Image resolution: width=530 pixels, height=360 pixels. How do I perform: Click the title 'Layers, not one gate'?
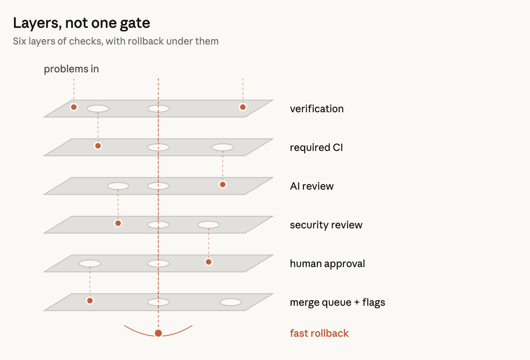tap(81, 23)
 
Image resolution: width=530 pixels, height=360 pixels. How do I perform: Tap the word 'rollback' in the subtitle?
tap(146, 41)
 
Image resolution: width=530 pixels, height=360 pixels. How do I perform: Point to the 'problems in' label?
tap(71, 69)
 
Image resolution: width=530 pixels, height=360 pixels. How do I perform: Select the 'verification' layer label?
tap(316, 109)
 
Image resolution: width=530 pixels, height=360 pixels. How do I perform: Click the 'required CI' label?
tap(316, 147)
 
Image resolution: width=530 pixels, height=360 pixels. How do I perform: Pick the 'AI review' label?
tap(311, 186)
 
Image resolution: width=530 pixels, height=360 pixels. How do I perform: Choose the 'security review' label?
tap(326, 225)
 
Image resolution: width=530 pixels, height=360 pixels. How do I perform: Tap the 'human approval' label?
tap(327, 264)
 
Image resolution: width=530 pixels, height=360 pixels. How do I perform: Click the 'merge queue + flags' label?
tap(337, 302)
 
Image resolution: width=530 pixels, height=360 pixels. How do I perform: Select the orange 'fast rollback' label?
tap(319, 333)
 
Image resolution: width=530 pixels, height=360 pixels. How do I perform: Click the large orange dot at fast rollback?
tap(158, 333)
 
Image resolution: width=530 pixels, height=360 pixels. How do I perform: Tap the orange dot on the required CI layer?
tap(98, 146)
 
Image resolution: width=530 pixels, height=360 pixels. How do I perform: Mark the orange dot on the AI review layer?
tap(223, 185)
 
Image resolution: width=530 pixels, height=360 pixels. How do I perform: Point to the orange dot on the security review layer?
tap(118, 223)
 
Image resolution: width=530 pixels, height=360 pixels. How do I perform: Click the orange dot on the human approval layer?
tap(209, 262)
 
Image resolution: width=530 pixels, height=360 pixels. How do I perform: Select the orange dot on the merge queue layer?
tap(90, 301)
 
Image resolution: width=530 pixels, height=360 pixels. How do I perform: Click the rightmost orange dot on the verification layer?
tap(243, 107)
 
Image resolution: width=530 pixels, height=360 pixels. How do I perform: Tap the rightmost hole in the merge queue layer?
tap(231, 302)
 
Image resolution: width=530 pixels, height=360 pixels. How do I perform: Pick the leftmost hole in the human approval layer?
tap(90, 264)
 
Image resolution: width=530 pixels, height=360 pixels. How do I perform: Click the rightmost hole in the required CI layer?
tap(223, 147)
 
